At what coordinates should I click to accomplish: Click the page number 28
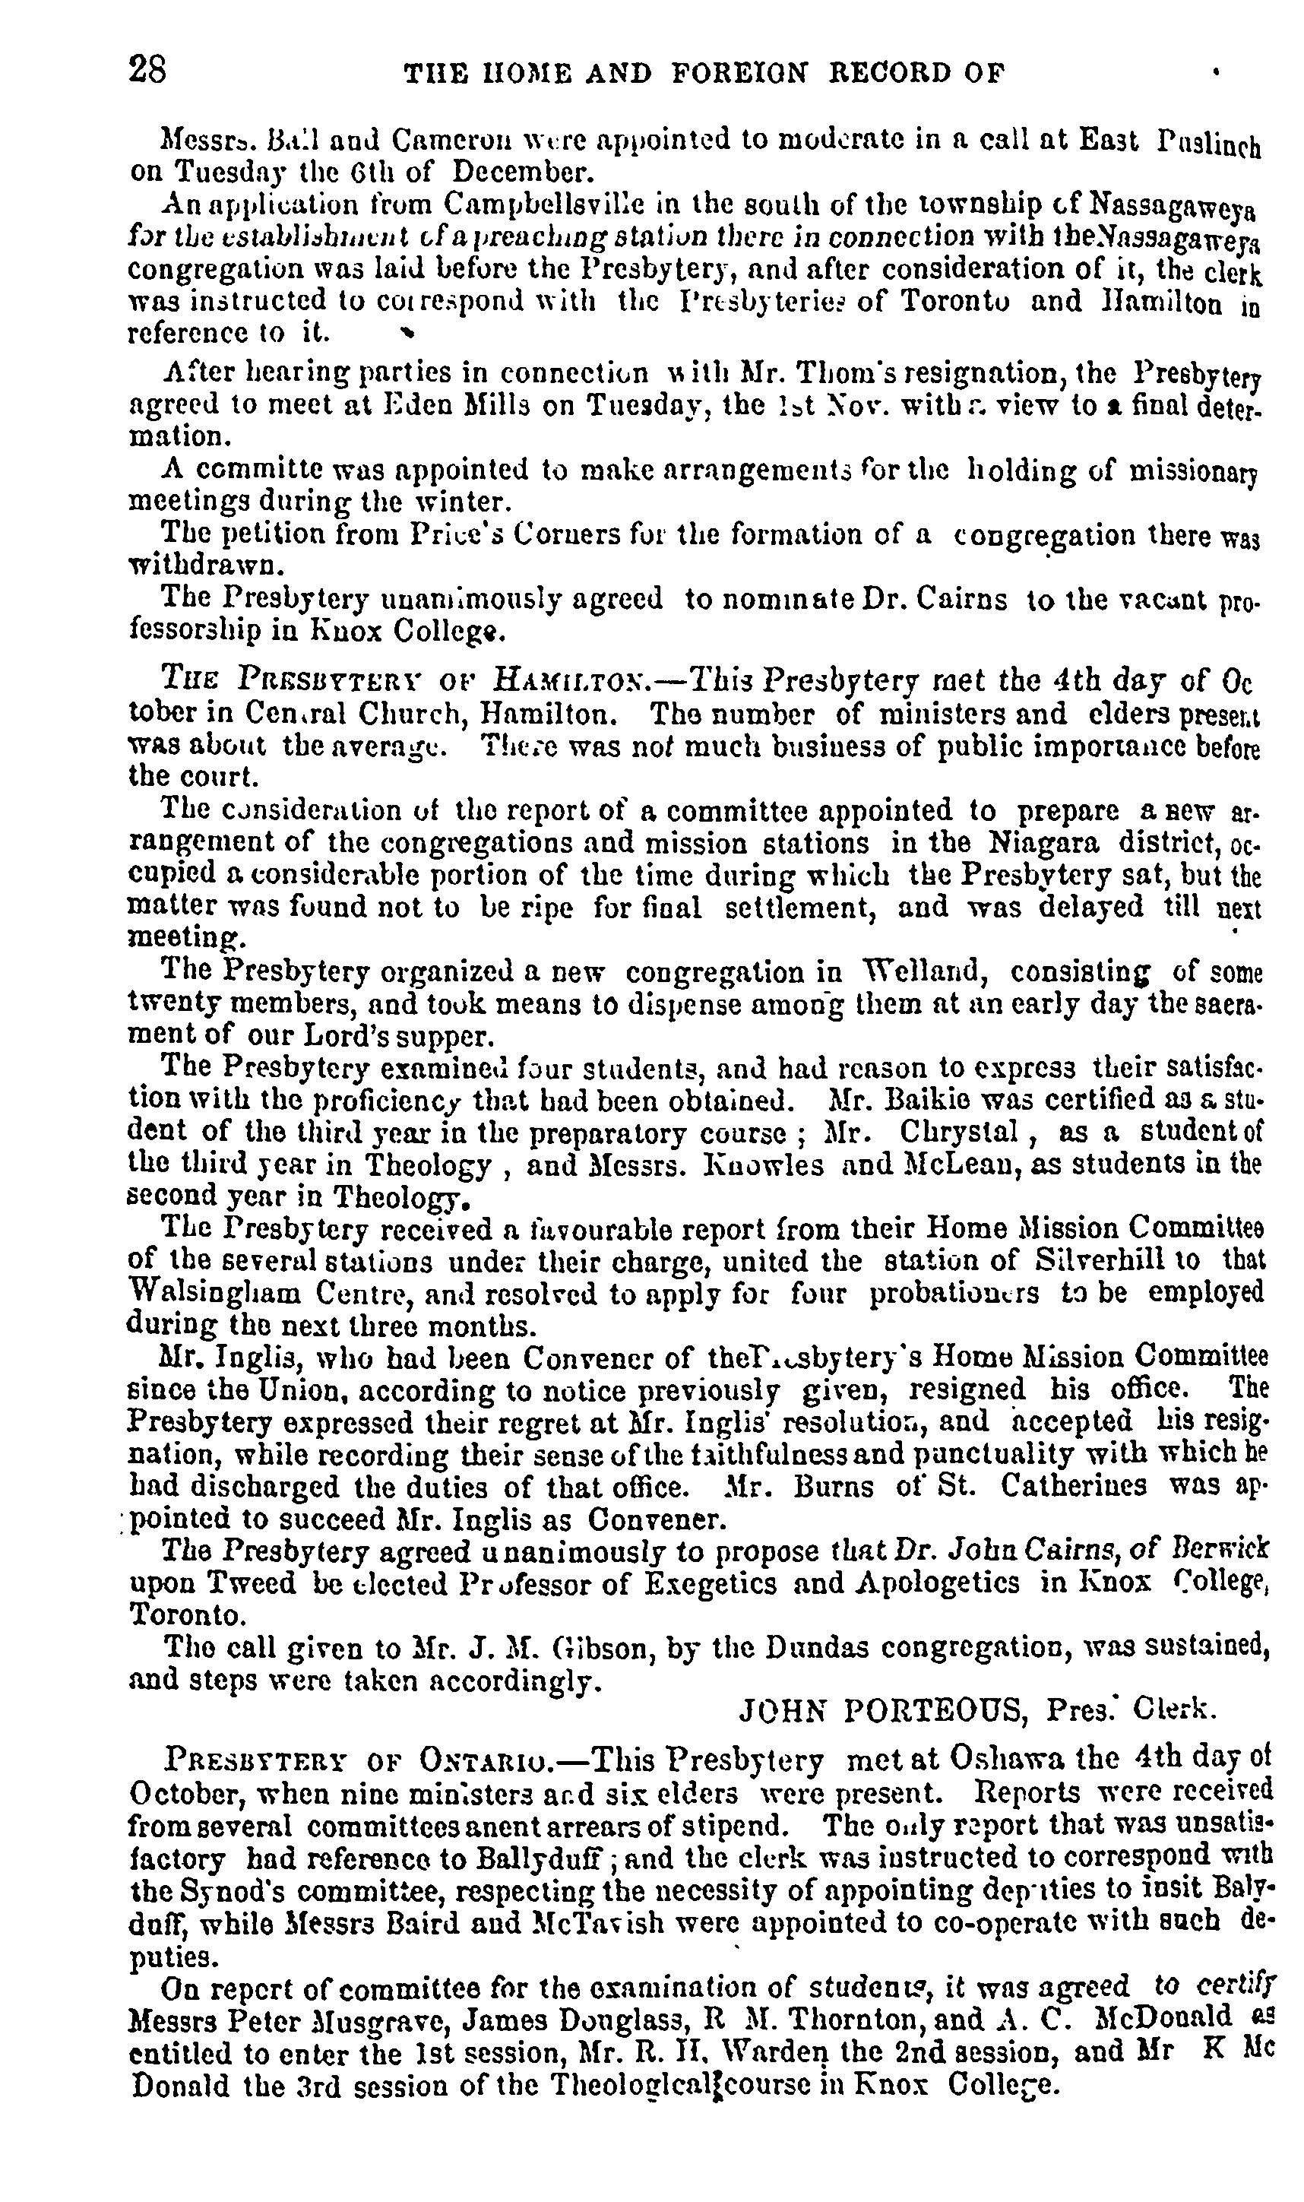pyautogui.click(x=147, y=69)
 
